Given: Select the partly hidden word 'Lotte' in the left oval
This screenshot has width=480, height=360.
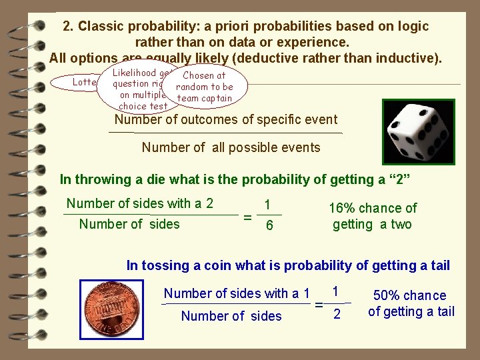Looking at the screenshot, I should (x=85, y=82).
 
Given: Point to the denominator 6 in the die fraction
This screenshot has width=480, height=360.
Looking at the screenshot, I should (x=269, y=226).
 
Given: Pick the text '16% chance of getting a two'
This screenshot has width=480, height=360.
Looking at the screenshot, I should (x=373, y=216).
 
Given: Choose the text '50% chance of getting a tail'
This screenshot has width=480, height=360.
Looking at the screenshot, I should (x=411, y=303).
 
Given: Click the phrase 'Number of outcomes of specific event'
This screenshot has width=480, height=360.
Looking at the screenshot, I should (x=226, y=120).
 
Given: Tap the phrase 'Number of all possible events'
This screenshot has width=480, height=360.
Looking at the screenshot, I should (x=231, y=148).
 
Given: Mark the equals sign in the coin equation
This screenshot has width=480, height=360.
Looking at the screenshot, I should (x=319, y=305).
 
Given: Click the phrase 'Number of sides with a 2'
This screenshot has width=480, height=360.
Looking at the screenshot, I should (x=140, y=204).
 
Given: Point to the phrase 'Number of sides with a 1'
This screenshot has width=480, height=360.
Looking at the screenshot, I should (x=237, y=293).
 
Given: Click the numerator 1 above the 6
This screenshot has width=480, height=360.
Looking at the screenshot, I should (x=268, y=205).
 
